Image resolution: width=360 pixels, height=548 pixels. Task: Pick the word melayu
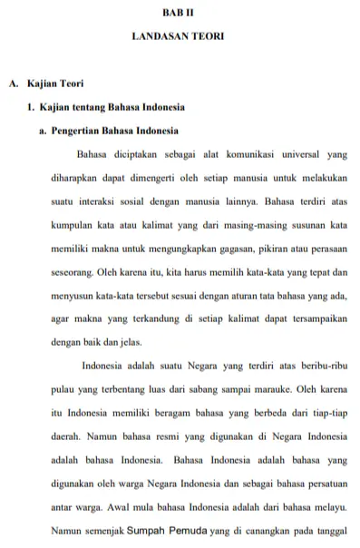point(330,508)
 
